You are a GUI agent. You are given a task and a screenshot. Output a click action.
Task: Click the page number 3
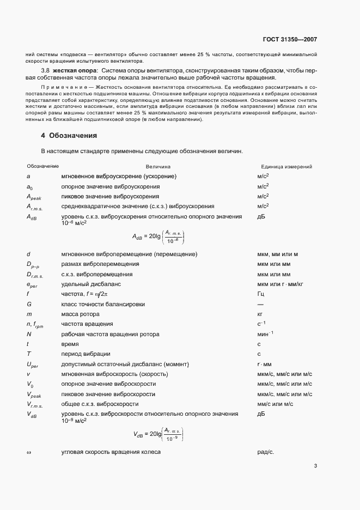tap(315, 465)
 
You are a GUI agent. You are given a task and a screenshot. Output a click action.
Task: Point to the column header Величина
tap(158, 167)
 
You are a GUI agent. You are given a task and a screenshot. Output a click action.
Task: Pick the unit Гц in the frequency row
tap(260, 293)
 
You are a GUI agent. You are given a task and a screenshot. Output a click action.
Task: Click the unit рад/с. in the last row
tap(265, 452)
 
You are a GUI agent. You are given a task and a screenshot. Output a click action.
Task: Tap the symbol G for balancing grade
tap(29, 303)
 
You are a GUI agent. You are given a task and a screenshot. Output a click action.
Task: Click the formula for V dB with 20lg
tap(158, 434)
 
